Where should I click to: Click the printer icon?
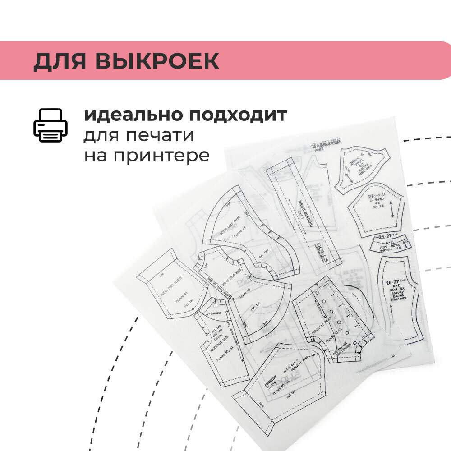(50, 125)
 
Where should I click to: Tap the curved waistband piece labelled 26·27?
(390, 244)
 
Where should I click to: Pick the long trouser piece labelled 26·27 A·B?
(397, 298)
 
